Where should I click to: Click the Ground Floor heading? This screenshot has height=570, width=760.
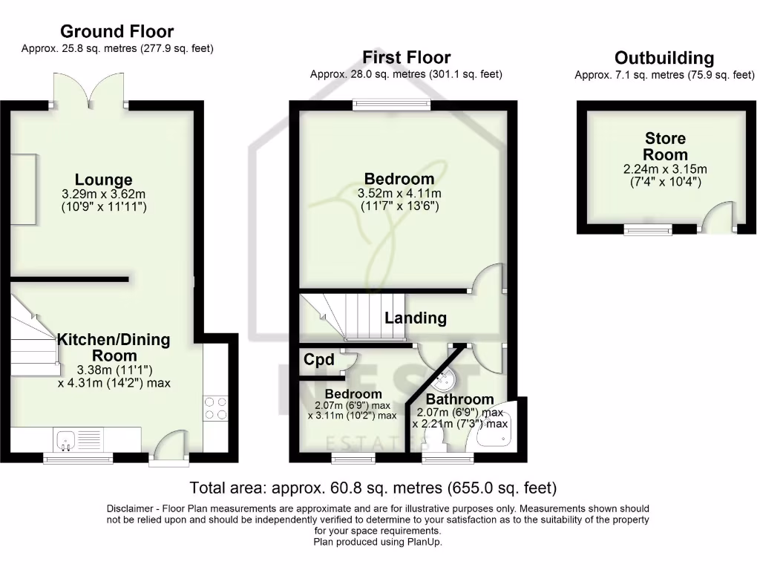tap(117, 31)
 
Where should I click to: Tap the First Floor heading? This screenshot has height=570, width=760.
tap(406, 57)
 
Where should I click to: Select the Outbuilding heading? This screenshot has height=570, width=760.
tap(664, 58)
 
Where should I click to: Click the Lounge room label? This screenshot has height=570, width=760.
tap(104, 180)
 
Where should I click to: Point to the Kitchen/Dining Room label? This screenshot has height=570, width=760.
tap(114, 348)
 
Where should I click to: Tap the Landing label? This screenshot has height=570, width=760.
tap(416, 318)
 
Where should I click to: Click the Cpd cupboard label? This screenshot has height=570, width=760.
tap(319, 361)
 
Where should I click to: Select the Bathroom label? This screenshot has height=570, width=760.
tap(459, 399)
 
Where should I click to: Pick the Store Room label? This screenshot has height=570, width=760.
tap(665, 146)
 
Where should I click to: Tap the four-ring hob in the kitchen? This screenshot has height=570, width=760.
tap(215, 408)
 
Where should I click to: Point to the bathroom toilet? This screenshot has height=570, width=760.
tap(439, 442)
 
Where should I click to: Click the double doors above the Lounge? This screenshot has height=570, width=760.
tap(88, 89)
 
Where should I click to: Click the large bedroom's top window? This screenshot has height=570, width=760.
tap(391, 105)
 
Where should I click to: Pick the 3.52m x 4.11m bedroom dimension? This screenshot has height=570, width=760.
tap(399, 194)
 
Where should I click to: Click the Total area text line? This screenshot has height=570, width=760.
tap(373, 488)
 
